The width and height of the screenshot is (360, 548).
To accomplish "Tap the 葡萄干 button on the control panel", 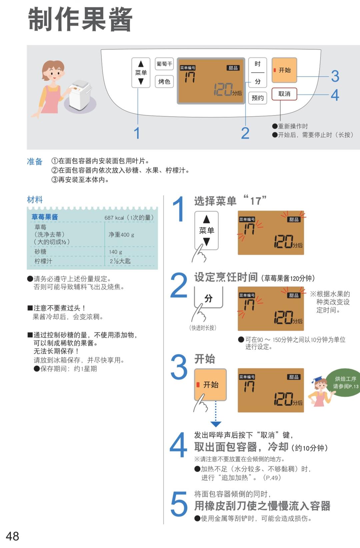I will pos(164,64).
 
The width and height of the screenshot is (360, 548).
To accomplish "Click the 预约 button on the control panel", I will pos(257,98).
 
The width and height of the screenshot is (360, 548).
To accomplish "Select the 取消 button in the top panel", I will pos(284,94).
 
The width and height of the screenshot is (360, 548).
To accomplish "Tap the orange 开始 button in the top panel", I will pos(284,70).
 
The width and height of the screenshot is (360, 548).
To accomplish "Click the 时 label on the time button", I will pos(257,64).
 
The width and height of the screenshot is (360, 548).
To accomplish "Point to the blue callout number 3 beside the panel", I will pos(335,76).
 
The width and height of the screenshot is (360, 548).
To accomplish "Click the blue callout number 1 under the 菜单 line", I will pos(137,133).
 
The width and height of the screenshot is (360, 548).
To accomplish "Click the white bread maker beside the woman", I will pos(80,95).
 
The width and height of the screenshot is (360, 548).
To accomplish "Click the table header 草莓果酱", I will pos(45,217).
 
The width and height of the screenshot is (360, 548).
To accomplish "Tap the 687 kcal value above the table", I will pos(114,218).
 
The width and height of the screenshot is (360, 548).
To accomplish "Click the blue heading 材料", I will pos(35,200).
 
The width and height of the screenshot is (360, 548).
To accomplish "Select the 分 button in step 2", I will pos(208,298).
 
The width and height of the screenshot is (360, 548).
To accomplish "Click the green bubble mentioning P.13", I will pos(345,383).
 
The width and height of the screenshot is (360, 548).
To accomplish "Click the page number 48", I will pos(13,536).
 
